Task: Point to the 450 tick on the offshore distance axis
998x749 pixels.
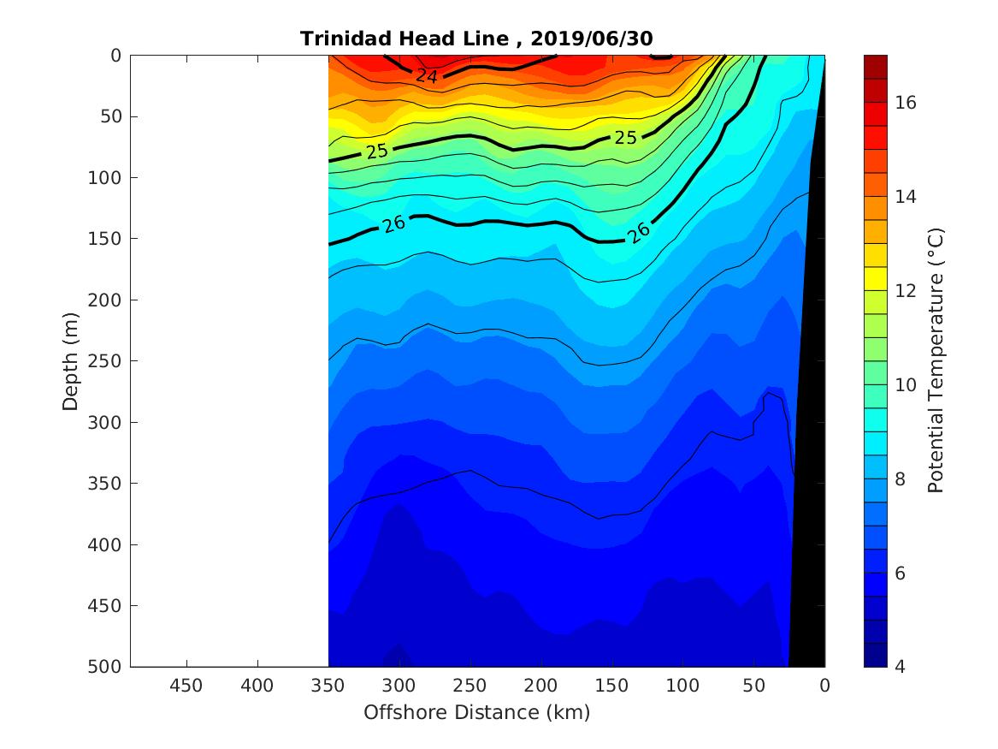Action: click(x=186, y=686)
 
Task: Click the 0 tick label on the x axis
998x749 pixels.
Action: click(x=824, y=686)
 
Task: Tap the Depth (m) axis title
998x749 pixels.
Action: click(x=72, y=361)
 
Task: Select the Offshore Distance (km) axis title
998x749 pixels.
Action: click(x=476, y=712)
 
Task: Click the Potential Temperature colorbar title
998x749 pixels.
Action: click(x=936, y=361)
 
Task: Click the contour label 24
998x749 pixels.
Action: click(x=427, y=76)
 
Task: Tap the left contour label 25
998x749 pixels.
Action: click(x=377, y=151)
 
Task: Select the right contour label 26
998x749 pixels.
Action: click(x=639, y=231)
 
